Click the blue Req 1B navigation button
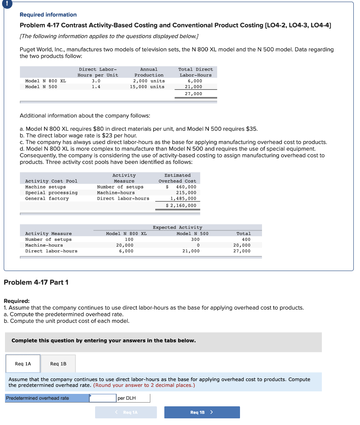[x=202, y=412]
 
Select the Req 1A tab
[x=23, y=364]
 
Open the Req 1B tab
[x=58, y=364]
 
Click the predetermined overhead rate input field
[x=103, y=398]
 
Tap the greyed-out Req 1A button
[x=126, y=412]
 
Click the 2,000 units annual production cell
[x=149, y=81]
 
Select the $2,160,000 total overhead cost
[x=181, y=205]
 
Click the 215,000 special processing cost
[x=186, y=193]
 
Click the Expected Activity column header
[x=177, y=227]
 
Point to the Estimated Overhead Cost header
[x=177, y=178]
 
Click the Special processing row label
[x=51, y=193]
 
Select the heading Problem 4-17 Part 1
[x=36, y=282]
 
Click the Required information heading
[x=48, y=15]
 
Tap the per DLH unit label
[x=127, y=398]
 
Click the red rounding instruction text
[x=144, y=385]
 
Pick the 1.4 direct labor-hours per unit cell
[x=96, y=87]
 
